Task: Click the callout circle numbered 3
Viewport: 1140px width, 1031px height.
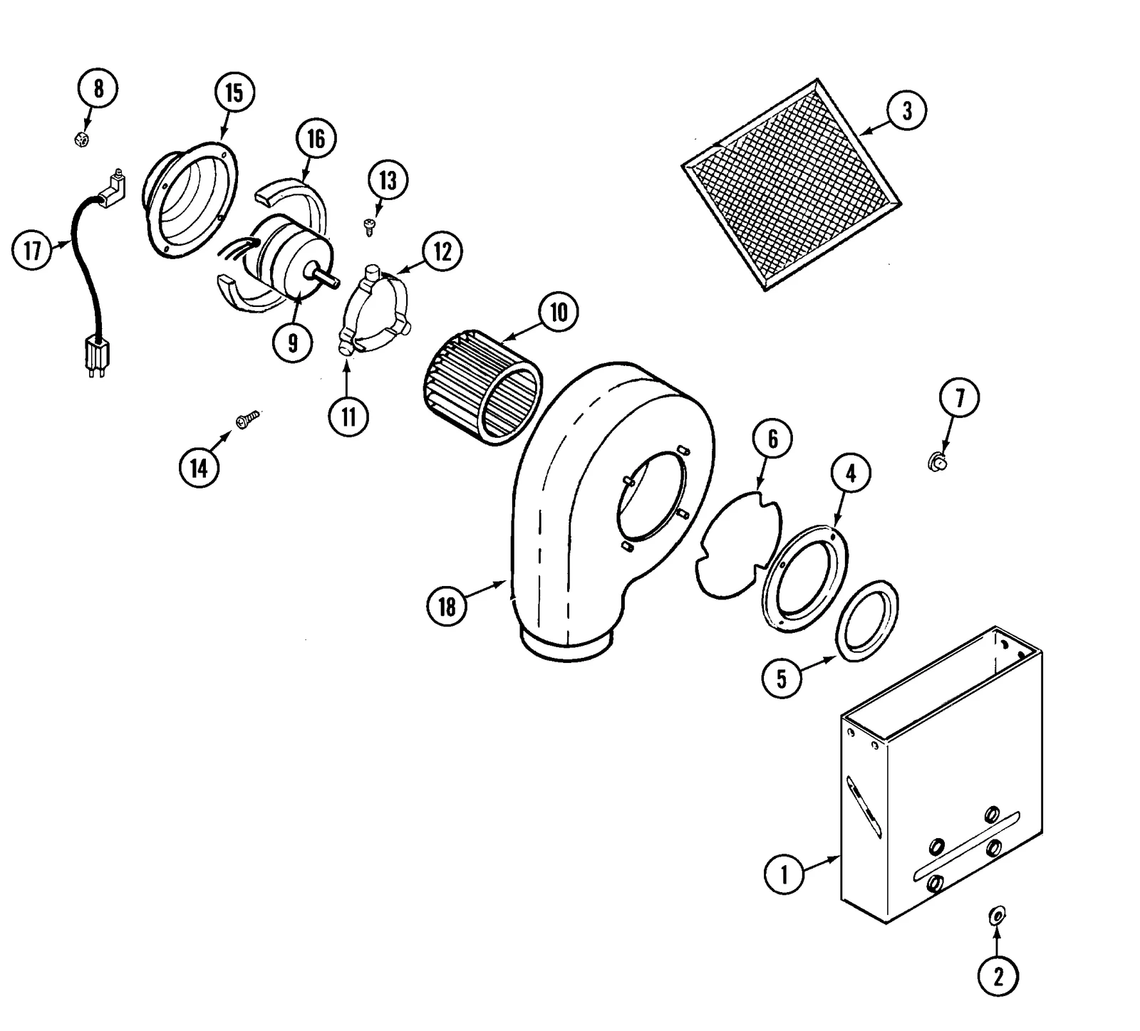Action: click(x=906, y=111)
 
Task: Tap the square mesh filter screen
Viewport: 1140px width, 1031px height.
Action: click(x=791, y=184)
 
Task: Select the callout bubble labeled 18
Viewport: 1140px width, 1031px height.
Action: click(x=447, y=607)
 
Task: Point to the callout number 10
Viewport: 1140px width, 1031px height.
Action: click(x=559, y=312)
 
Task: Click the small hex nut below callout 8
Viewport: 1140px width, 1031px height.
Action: click(x=82, y=139)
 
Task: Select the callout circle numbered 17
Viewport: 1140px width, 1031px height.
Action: click(x=32, y=251)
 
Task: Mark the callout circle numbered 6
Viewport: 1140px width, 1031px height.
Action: click(x=773, y=439)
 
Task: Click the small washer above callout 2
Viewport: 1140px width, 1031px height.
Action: click(x=997, y=914)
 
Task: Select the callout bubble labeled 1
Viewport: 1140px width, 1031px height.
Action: click(x=784, y=873)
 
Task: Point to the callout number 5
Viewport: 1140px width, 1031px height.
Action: click(x=782, y=678)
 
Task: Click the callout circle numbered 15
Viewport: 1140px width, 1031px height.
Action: click(x=234, y=93)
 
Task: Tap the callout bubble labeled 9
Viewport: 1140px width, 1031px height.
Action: click(x=293, y=342)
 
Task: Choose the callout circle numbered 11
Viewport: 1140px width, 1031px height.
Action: click(x=348, y=416)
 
